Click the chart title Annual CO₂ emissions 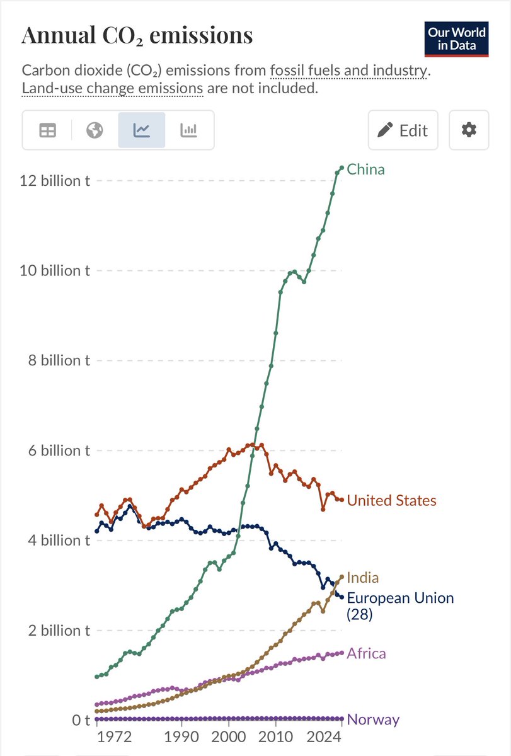pos(137,35)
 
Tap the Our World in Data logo pos(457,39)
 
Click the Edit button pos(403,130)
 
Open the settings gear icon pos(469,130)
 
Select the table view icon pos(47,130)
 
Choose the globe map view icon pos(95,130)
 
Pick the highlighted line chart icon pos(142,130)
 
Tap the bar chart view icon pos(189,130)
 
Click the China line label pos(365,169)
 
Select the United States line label pos(391,501)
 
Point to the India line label pos(362,578)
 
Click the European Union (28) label pos(399,605)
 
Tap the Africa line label pos(366,653)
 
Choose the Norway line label pos(373,719)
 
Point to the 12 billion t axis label pos(54,181)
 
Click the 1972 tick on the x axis pos(113,736)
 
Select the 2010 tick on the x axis pos(275,736)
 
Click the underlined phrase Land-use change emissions pos(113,88)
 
